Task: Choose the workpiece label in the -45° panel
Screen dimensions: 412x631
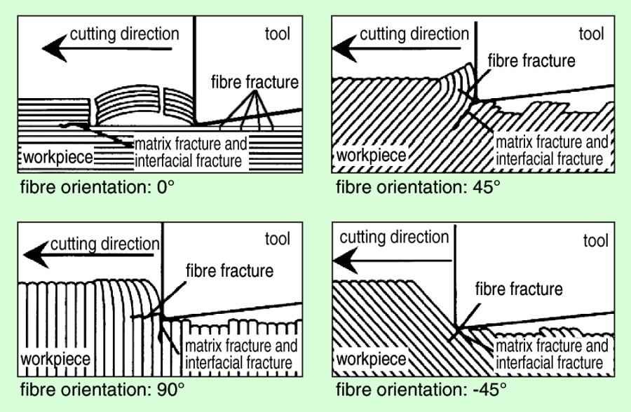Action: tap(371, 360)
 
